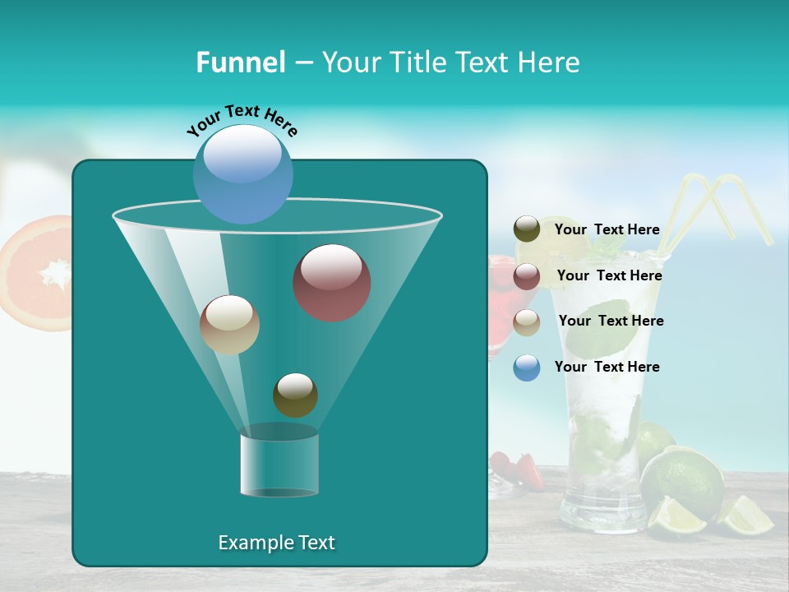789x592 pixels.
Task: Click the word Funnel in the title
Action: pos(240,62)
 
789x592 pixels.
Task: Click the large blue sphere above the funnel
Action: pos(243,173)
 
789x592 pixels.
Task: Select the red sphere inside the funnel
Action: pos(331,283)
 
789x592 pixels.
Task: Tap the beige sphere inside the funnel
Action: pos(229,325)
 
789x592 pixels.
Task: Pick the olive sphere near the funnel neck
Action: pos(295,395)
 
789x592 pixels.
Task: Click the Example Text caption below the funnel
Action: pos(276,543)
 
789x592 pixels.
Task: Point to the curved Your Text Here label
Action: pos(242,119)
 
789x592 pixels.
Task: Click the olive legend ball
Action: pos(527,229)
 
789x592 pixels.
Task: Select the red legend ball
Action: pos(527,276)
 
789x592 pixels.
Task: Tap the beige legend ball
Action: pos(527,322)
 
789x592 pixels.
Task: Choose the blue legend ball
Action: pos(527,368)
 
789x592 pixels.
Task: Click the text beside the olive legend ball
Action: pos(607,230)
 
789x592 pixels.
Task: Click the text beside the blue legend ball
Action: pos(607,367)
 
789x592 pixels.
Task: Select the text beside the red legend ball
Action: pos(609,276)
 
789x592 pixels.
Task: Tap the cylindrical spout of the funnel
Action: pos(279,465)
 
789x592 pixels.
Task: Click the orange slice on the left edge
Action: pos(37,271)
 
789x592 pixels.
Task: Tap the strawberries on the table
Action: pos(526,469)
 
